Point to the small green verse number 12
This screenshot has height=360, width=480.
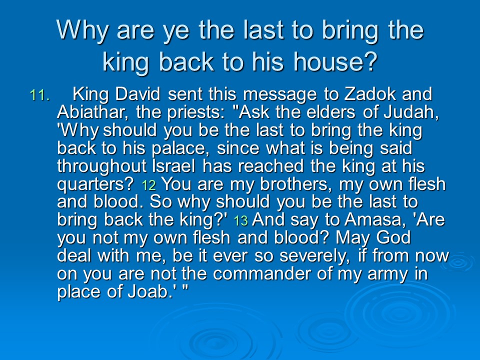coord(149,185)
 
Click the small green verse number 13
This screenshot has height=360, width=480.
coord(241,221)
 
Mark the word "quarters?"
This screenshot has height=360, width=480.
coord(95,184)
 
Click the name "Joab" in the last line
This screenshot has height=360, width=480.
coord(148,291)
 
